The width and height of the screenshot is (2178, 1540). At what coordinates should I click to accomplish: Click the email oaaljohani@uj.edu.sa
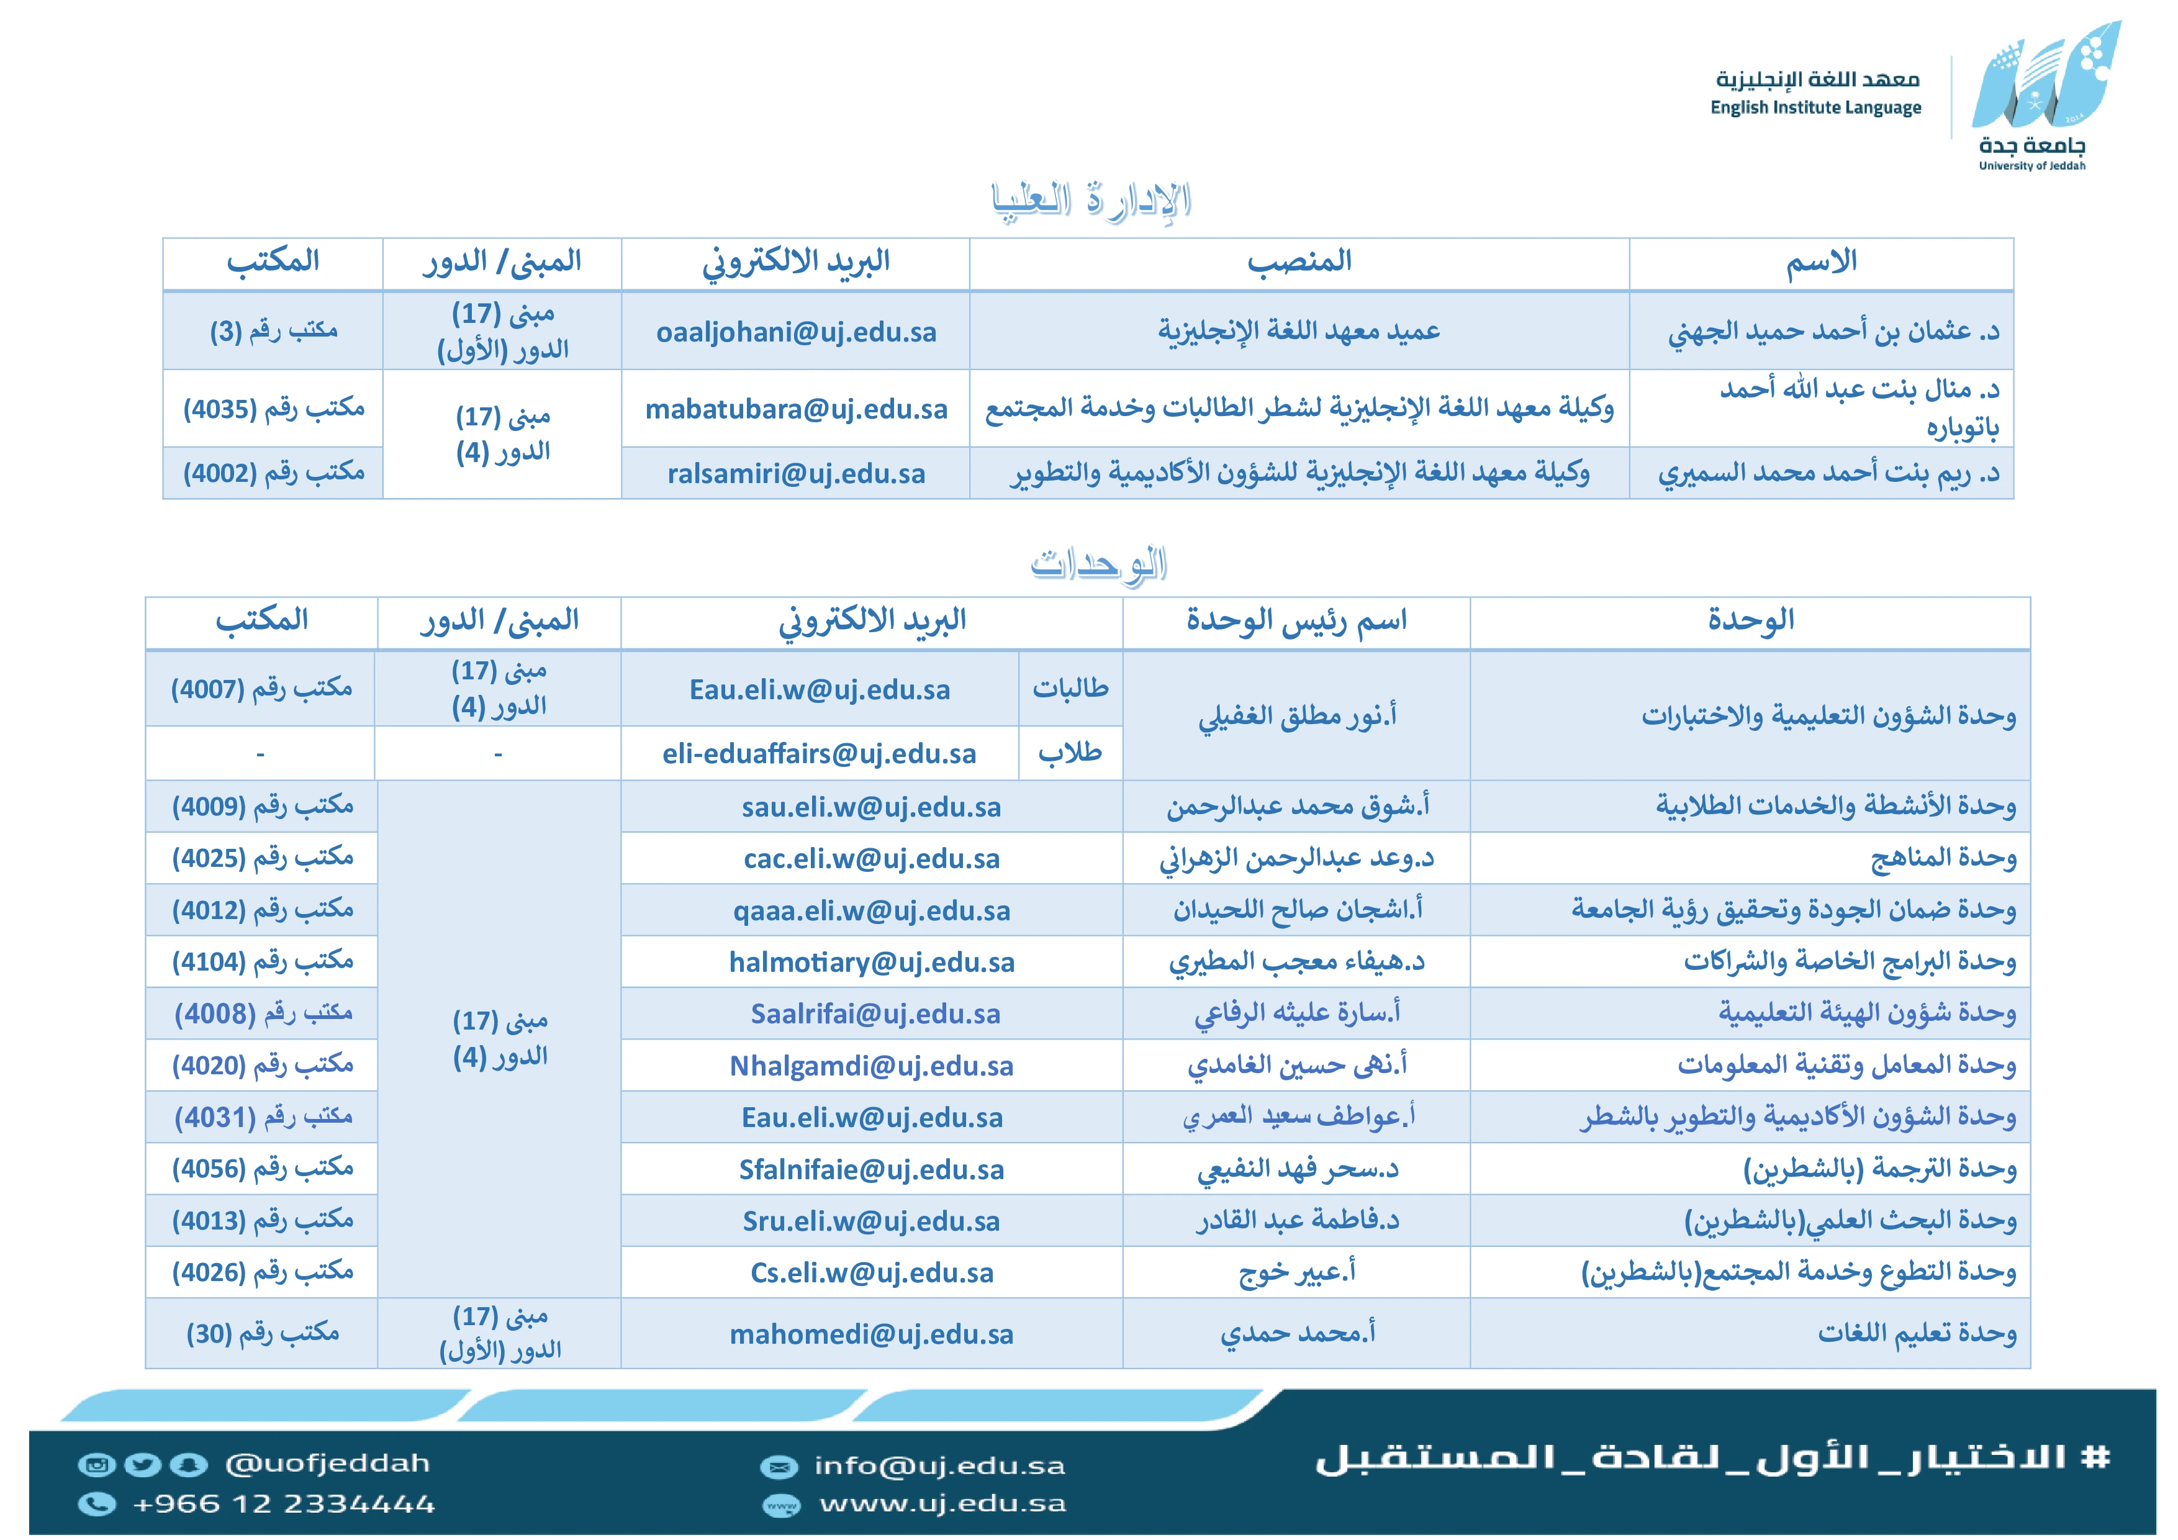(796, 332)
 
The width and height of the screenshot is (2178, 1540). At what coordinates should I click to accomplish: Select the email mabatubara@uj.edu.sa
(796, 409)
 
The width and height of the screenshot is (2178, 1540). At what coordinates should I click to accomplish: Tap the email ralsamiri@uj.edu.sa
(796, 473)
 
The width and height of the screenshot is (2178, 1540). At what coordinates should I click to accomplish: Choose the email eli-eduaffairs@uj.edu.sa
(819, 753)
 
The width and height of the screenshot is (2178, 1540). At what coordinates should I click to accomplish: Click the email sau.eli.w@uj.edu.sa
(871, 807)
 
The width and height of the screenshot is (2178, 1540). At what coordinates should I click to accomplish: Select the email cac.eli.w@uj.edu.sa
(871, 859)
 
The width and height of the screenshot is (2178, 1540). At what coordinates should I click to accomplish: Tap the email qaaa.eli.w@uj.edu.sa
(871, 911)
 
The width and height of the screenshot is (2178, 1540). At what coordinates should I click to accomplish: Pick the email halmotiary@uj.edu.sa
(871, 962)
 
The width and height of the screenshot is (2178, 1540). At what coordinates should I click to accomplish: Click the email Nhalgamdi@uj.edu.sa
(871, 1066)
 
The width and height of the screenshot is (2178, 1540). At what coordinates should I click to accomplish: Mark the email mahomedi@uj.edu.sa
(871, 1334)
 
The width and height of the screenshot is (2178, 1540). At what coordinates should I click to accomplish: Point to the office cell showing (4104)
(262, 962)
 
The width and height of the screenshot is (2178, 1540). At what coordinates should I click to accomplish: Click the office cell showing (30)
(262, 1333)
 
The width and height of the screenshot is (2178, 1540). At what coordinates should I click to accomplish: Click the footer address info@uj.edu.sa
(939, 1466)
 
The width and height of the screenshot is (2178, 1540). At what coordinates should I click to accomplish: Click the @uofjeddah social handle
(327, 1463)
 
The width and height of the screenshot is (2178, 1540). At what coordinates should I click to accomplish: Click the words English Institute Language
(1815, 107)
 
